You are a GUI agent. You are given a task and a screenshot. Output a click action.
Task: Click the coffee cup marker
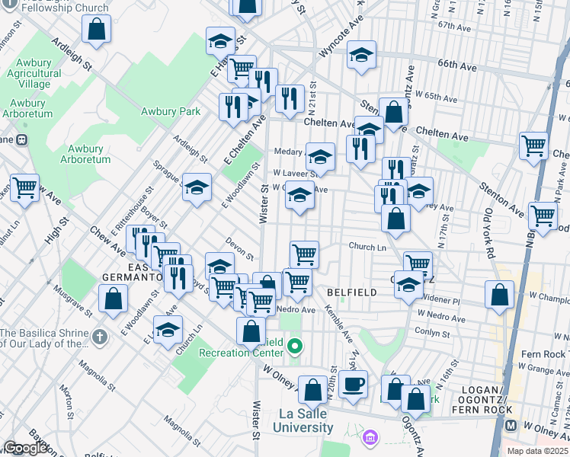[x=353, y=384]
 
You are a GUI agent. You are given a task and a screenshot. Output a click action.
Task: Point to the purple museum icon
[x=370, y=438]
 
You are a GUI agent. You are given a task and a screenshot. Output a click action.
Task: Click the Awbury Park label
[x=171, y=111]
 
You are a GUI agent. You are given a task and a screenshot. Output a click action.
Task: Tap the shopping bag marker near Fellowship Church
[x=97, y=30]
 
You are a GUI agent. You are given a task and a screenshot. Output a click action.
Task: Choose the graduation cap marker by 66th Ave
[x=362, y=55]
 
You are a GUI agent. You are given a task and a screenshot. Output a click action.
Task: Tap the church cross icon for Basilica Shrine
[x=99, y=337]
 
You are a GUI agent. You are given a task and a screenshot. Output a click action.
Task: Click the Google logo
[x=24, y=448]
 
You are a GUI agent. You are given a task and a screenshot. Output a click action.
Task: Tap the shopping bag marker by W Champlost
[x=498, y=295]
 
